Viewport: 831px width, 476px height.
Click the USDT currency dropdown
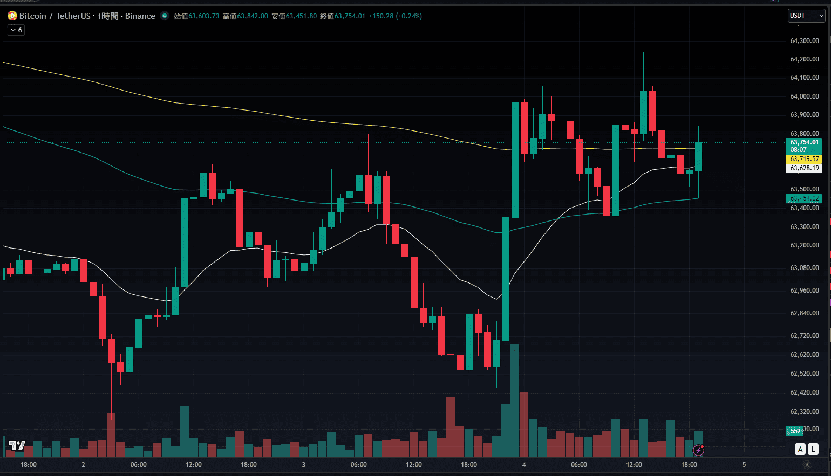[x=807, y=16]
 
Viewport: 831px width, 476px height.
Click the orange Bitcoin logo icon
[x=12, y=16]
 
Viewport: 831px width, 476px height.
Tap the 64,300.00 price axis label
[x=804, y=41]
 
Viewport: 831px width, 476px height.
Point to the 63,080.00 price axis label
[x=804, y=268]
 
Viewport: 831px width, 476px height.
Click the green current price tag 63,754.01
[x=804, y=142]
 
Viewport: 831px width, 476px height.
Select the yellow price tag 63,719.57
[x=804, y=159]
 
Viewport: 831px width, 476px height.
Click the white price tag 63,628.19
[x=804, y=168]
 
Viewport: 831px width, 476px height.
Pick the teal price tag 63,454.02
[x=804, y=198]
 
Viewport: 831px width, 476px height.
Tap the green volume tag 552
[x=795, y=431]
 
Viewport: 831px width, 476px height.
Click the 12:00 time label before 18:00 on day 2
[x=194, y=465]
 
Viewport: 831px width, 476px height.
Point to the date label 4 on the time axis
[x=524, y=465]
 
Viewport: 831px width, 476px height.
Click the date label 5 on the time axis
[x=744, y=465]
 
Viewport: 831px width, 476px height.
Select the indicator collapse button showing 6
[x=16, y=30]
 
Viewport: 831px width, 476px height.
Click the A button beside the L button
[x=800, y=449]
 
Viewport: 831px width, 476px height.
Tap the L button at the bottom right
[x=813, y=449]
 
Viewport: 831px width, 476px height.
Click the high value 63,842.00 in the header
[x=253, y=16]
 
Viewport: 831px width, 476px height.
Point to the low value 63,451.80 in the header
[x=301, y=16]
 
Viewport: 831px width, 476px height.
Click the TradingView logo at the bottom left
[x=17, y=445]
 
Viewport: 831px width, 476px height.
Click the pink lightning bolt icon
[x=699, y=450]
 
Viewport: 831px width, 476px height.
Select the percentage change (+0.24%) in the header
[x=409, y=16]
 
